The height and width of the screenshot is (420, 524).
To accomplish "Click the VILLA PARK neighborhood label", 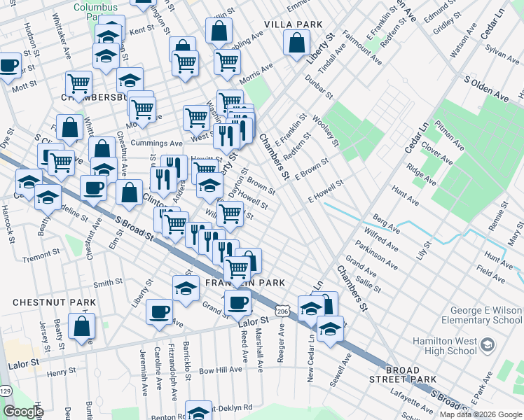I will click(293, 24).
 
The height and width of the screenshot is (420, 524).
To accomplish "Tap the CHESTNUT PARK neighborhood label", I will click(43, 302).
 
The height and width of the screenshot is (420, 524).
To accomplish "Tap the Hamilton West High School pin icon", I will click(488, 344).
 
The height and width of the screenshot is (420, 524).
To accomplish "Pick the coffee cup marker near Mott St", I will click(8, 66).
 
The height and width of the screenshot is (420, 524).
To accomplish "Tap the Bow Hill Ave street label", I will click(220, 370).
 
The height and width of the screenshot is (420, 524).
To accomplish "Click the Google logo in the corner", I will click(23, 412).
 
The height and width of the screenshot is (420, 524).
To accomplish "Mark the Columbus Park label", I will click(97, 8).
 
